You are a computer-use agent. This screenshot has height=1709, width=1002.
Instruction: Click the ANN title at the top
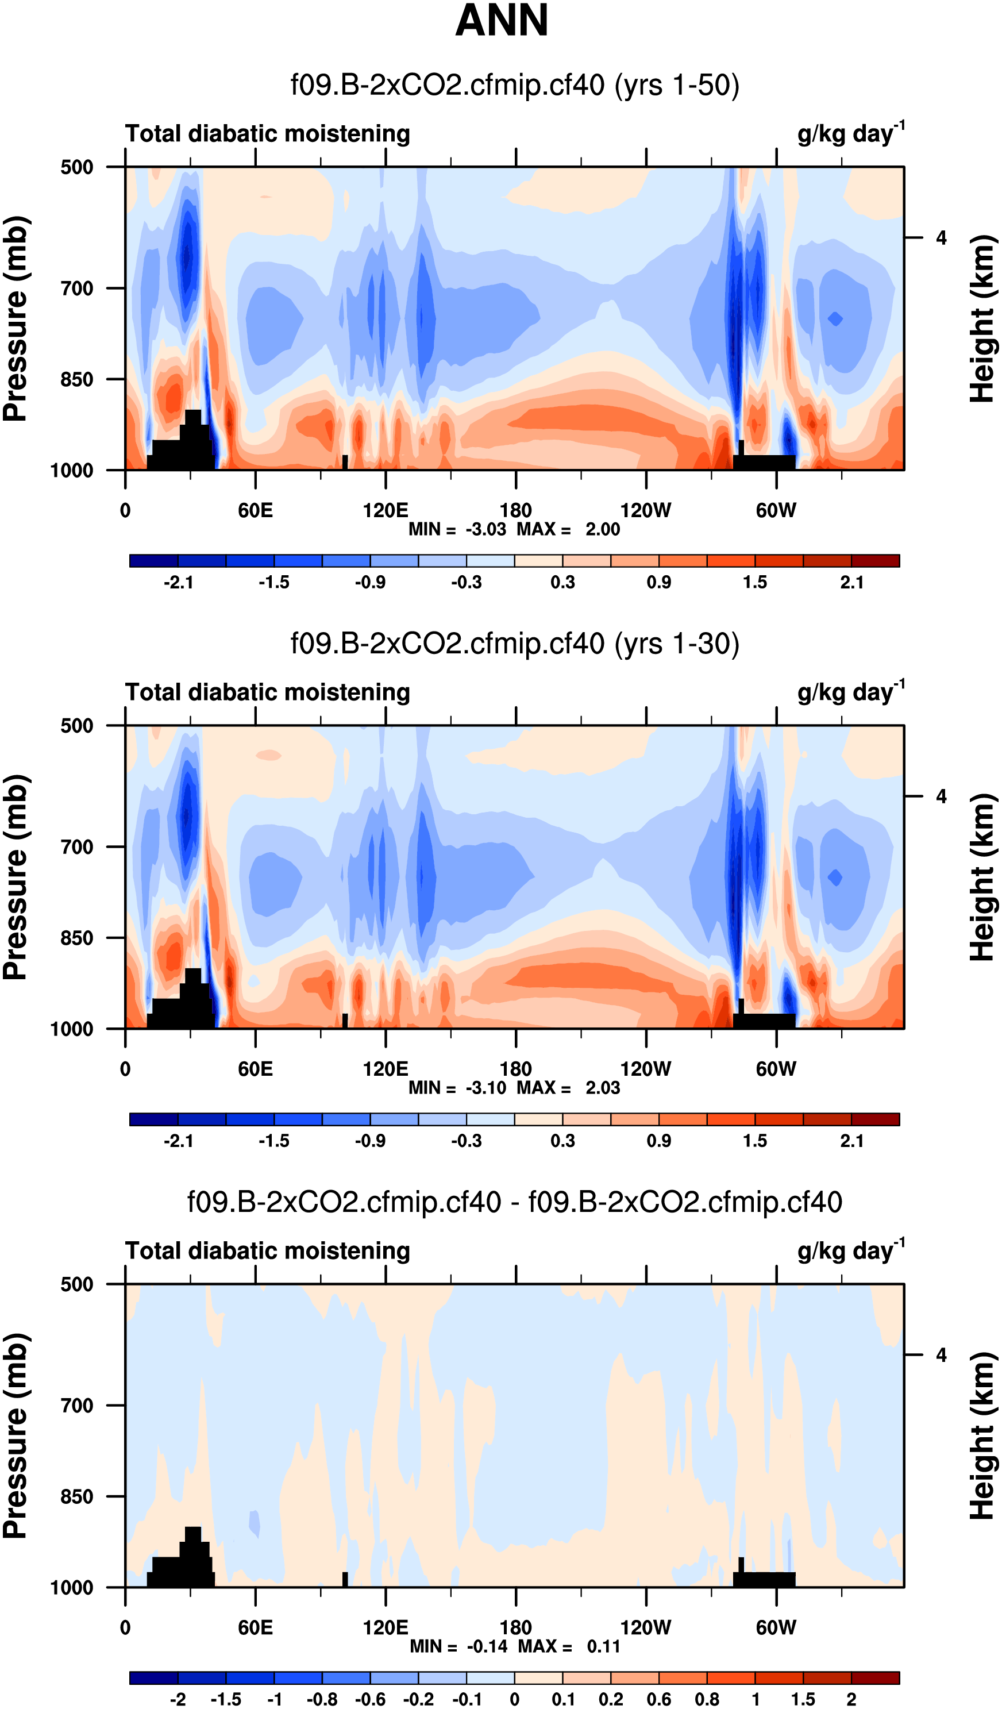click(x=501, y=20)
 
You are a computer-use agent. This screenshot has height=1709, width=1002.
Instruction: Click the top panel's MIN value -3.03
click(x=485, y=530)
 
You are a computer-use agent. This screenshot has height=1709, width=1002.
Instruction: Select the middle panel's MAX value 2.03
click(x=603, y=1088)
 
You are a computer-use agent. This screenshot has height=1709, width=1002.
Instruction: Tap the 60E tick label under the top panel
click(x=256, y=511)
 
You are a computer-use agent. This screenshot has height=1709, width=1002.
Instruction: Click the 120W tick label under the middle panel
click(x=645, y=1069)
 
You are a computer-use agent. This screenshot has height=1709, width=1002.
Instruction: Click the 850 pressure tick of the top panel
click(x=76, y=380)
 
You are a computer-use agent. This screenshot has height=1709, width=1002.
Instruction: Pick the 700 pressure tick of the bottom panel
click(x=76, y=1406)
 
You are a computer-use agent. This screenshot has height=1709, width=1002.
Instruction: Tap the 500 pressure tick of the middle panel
click(x=76, y=726)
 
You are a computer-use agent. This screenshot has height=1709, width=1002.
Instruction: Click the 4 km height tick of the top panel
click(x=941, y=238)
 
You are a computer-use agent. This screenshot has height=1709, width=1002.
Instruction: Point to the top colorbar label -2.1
click(x=178, y=583)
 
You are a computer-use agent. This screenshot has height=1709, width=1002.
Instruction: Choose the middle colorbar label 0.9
click(x=659, y=1141)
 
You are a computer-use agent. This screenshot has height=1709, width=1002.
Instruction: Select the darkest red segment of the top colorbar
click(x=874, y=561)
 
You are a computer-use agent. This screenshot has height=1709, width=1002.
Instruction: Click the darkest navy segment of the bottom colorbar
click(x=154, y=1678)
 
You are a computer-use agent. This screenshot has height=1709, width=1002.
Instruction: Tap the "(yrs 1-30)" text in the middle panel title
click(x=677, y=644)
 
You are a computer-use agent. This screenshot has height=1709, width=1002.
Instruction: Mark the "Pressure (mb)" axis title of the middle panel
click(x=15, y=877)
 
